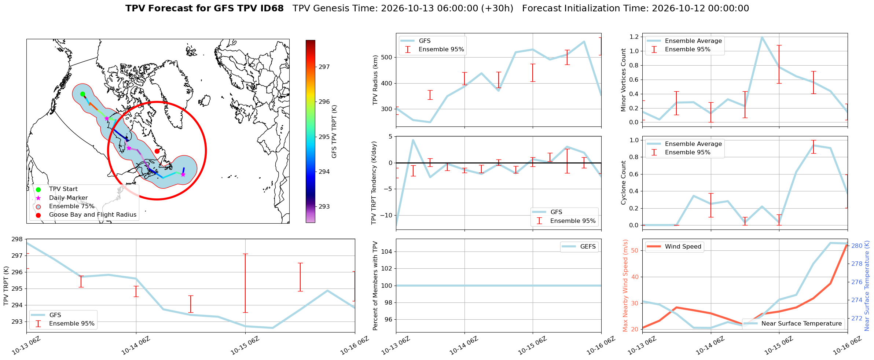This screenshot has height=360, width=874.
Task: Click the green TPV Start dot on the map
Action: (82, 94)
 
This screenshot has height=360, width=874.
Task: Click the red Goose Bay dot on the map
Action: (157, 151)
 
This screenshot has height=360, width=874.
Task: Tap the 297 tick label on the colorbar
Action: (324, 67)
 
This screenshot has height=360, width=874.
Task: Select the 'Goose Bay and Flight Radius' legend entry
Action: (93, 215)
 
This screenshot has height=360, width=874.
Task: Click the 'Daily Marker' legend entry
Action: (69, 198)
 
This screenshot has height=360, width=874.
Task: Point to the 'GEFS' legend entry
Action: (588, 247)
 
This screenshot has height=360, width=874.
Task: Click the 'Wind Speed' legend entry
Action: (683, 247)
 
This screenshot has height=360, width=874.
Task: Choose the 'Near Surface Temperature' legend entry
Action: (802, 324)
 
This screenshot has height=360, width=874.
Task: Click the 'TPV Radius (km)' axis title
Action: (375, 80)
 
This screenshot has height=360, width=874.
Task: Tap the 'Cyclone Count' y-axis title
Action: (623, 183)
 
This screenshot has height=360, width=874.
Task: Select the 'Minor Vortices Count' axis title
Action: (623, 80)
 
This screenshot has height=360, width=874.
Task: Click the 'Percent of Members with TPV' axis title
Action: (375, 286)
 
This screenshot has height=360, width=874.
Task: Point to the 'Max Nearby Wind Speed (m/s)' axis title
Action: (625, 286)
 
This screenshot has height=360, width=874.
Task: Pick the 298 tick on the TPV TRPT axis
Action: (18, 239)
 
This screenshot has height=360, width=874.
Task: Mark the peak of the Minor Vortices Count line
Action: (762, 37)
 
